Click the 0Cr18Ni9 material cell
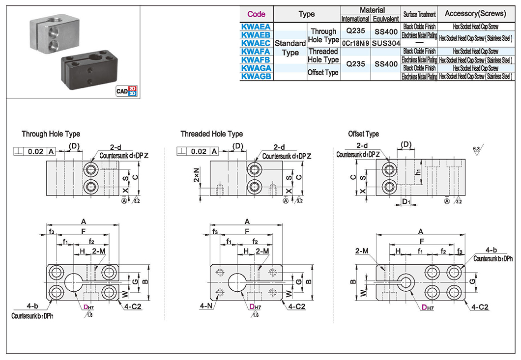355,43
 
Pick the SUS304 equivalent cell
385,43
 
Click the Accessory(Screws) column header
476,14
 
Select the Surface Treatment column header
419,14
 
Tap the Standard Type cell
290,48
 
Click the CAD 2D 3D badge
126,90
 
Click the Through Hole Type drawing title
51,134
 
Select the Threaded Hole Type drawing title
211,134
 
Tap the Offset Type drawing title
363,134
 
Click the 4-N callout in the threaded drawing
205,305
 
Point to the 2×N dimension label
196,173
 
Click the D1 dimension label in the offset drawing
405,201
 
